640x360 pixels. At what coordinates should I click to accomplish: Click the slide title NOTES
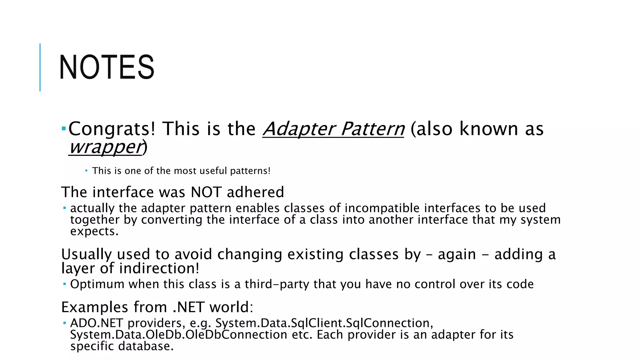(x=107, y=67)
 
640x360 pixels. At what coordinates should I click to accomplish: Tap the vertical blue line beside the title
(x=40, y=67)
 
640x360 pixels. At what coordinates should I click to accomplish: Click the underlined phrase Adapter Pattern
(x=333, y=129)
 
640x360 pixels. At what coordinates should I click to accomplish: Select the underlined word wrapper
(x=106, y=147)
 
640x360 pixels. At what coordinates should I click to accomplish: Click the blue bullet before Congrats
(x=63, y=128)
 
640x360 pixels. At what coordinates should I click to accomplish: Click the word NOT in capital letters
(x=206, y=192)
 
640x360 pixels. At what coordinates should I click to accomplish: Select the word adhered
(x=255, y=192)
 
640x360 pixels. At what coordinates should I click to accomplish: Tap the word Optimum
(x=97, y=284)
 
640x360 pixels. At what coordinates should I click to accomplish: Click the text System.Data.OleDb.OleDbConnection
(x=178, y=335)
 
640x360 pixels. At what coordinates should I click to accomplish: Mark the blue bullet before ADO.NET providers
(x=64, y=322)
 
